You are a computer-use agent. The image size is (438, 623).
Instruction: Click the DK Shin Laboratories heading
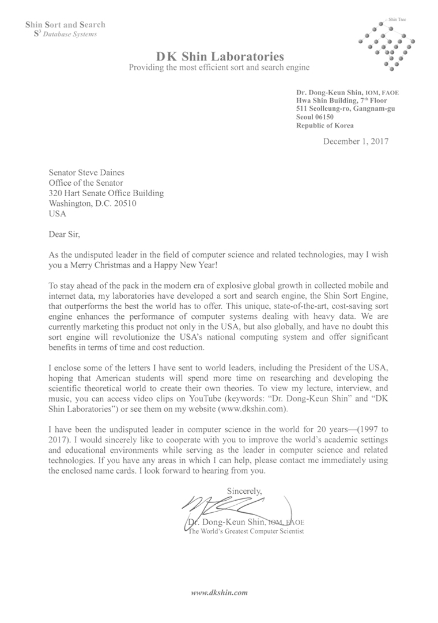(220, 57)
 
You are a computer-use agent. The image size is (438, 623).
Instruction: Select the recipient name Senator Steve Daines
(86, 172)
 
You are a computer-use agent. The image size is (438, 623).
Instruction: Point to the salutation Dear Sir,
(64, 235)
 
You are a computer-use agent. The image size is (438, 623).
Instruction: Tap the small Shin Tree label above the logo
(398, 19)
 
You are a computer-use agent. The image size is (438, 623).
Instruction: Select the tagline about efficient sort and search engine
(220, 67)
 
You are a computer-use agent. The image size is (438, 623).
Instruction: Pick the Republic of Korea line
(325, 125)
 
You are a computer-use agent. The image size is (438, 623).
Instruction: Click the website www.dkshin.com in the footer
(220, 592)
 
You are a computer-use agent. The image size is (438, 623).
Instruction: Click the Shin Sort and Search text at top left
(65, 25)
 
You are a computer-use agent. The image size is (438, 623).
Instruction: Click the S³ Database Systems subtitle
(66, 34)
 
